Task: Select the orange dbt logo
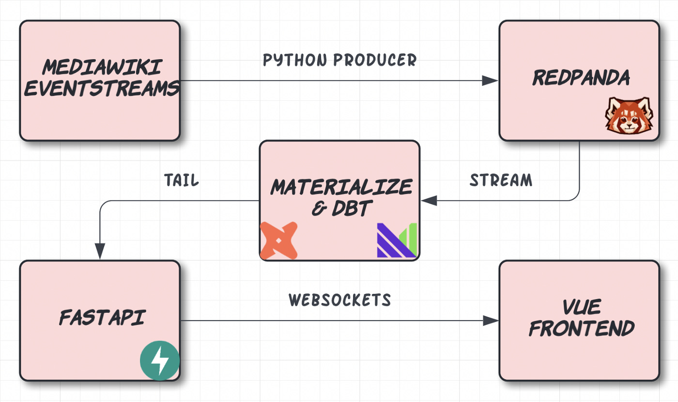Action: click(278, 240)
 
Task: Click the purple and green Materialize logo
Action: click(397, 240)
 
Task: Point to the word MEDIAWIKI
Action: click(102, 67)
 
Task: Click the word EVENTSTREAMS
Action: click(102, 89)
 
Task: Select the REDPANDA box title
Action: click(581, 78)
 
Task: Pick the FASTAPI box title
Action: click(102, 318)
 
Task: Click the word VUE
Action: click(581, 307)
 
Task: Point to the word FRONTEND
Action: click(581, 329)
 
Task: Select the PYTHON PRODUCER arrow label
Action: click(340, 60)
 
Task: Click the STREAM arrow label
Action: click(501, 180)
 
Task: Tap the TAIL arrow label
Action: click(182, 180)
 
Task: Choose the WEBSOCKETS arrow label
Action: click(340, 300)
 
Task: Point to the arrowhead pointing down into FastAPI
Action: click(100, 251)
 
